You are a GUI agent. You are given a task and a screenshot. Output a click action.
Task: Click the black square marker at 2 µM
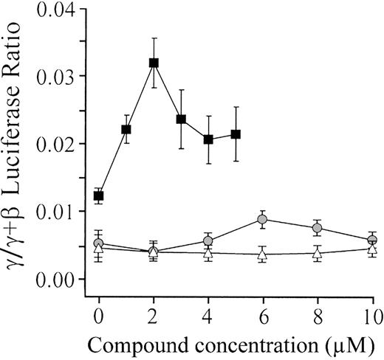pyautogui.click(x=154, y=63)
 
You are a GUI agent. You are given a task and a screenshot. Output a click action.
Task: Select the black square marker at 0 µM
pyautogui.click(x=99, y=195)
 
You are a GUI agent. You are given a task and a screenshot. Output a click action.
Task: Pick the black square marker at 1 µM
pyautogui.click(x=126, y=129)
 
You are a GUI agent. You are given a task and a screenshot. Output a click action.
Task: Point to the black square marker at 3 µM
pyautogui.click(x=181, y=120)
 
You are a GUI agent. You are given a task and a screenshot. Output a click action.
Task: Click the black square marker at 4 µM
pyautogui.click(x=208, y=139)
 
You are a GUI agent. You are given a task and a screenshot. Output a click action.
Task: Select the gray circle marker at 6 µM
pyautogui.click(x=263, y=219)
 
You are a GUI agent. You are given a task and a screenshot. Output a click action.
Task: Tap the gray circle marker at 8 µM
pyautogui.click(x=318, y=228)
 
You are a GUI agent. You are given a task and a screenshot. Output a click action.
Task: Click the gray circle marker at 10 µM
pyautogui.click(x=372, y=240)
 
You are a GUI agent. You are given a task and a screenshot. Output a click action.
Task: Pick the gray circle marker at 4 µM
pyautogui.click(x=208, y=240)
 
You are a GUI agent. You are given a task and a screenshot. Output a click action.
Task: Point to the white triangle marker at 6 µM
pyautogui.click(x=263, y=255)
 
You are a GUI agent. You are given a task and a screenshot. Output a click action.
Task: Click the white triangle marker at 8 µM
pyautogui.click(x=318, y=253)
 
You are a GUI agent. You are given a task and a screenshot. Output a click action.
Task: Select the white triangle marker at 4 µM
pyautogui.click(x=208, y=253)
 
